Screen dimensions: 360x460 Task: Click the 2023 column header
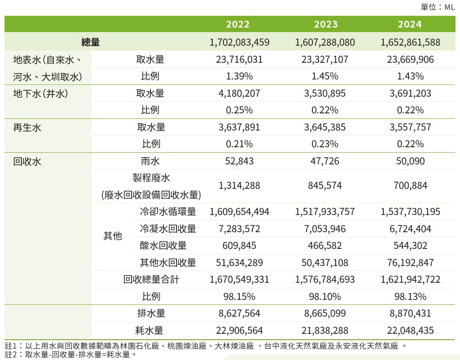(x=325, y=24)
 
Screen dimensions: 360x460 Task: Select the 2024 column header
(x=410, y=24)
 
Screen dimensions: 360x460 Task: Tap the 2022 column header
(x=238, y=24)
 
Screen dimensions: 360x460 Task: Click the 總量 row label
(x=90, y=42)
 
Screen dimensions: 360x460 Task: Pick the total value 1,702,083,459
(x=239, y=42)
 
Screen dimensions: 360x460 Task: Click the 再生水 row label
(x=27, y=127)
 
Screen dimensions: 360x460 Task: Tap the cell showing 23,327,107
(x=325, y=60)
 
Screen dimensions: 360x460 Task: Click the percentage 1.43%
(x=410, y=76)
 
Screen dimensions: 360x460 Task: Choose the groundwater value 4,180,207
(x=239, y=94)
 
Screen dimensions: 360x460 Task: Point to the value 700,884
(x=410, y=186)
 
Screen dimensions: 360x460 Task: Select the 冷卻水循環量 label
(x=168, y=212)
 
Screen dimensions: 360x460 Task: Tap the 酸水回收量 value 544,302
(x=410, y=246)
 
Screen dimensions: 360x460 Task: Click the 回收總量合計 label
(x=151, y=280)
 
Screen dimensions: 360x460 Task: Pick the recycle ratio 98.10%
(x=325, y=297)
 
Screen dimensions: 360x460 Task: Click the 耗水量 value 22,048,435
(x=410, y=331)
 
